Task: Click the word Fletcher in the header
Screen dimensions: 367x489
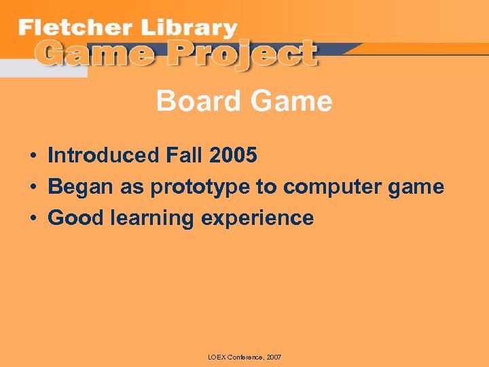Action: click(x=71, y=29)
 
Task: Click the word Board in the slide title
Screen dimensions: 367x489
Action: click(x=196, y=102)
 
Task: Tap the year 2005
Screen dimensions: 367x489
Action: click(x=234, y=156)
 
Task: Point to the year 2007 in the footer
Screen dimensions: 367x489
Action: click(x=274, y=357)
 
